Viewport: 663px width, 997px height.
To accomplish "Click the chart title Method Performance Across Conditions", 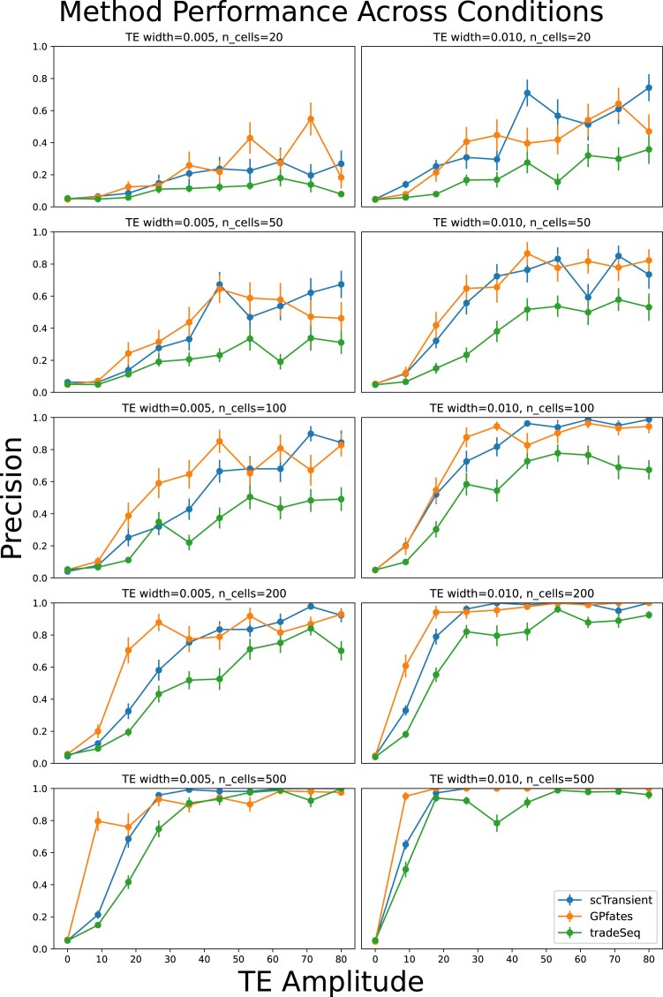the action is pyautogui.click(x=330, y=12).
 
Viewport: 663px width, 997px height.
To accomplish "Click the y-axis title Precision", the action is pyautogui.click(x=12, y=498).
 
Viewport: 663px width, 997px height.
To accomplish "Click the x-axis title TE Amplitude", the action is pyautogui.click(x=330, y=981).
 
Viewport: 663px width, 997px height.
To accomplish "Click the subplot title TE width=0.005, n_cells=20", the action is pyautogui.click(x=204, y=37).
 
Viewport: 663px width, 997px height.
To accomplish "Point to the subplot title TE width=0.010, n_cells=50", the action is pyautogui.click(x=512, y=223).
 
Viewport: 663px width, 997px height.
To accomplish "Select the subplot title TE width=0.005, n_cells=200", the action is pyautogui.click(x=204, y=593).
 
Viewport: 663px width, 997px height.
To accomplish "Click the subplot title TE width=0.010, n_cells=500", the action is pyautogui.click(x=512, y=779).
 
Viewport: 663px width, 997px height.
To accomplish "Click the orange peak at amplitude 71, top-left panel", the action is pyautogui.click(x=311, y=119).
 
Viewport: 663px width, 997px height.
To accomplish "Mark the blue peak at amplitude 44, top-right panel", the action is pyautogui.click(x=527, y=94).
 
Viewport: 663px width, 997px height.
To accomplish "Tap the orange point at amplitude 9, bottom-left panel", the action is pyautogui.click(x=98, y=821).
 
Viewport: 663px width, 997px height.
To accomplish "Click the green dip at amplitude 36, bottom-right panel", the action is pyautogui.click(x=496, y=823).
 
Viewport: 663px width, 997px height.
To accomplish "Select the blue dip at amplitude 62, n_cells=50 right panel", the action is pyautogui.click(x=588, y=298).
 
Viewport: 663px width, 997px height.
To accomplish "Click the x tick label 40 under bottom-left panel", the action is pyautogui.click(x=204, y=959).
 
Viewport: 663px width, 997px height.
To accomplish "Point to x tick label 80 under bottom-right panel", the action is pyautogui.click(x=648, y=959).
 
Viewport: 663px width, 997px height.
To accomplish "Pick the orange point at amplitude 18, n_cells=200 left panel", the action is pyautogui.click(x=128, y=651).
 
